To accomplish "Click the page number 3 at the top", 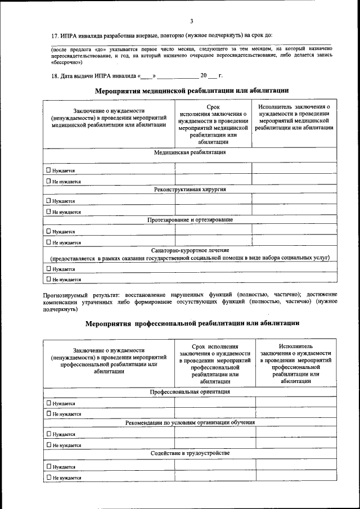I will click(x=191, y=21).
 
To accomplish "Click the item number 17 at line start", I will click(x=47, y=35).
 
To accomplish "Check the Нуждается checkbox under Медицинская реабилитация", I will click(x=48, y=170).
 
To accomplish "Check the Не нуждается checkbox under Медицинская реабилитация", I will click(x=48, y=182).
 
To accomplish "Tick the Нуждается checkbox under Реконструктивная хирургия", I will click(x=48, y=201).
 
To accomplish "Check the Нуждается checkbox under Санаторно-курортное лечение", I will click(x=48, y=269).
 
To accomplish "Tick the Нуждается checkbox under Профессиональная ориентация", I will click(x=48, y=403).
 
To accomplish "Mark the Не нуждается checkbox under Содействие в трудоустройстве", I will click(x=48, y=478).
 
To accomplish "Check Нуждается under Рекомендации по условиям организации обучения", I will click(x=48, y=434).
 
